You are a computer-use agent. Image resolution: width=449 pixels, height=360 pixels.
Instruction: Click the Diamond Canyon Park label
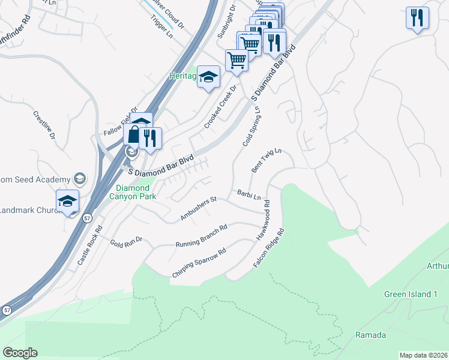[x=136, y=191]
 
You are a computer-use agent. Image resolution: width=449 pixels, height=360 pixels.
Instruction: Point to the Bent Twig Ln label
[x=267, y=161]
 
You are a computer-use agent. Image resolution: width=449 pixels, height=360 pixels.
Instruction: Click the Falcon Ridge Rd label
[x=268, y=247]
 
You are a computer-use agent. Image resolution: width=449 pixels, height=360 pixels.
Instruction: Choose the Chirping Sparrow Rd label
[x=199, y=263]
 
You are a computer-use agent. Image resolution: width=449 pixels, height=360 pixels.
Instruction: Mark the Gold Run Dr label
[x=126, y=242]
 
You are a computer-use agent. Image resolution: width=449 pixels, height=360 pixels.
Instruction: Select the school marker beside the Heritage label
[x=208, y=77]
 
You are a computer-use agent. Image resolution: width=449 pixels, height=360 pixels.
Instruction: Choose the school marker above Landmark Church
[x=68, y=201]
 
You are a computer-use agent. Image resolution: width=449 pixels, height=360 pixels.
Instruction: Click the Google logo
[x=20, y=353]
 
